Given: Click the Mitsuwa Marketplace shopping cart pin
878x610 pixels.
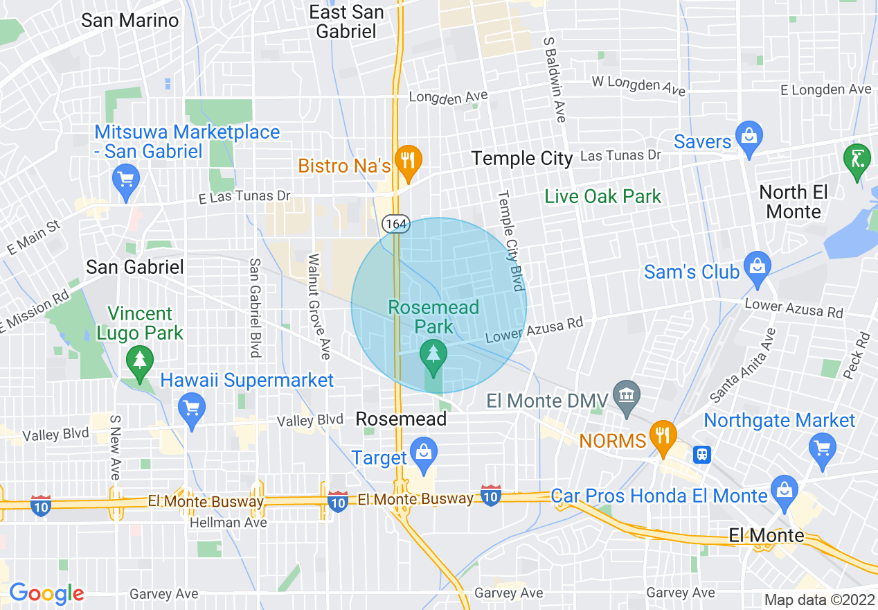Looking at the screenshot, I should tap(125, 180).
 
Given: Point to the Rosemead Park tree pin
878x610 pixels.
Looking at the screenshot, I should tap(433, 354).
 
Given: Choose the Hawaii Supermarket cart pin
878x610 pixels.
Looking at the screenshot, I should tap(192, 408).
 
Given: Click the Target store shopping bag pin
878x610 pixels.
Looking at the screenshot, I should tap(422, 452).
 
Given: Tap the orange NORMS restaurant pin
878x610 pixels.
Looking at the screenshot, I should tap(663, 435).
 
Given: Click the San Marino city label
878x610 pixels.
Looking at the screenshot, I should tap(130, 20).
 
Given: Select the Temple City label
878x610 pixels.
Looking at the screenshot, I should tap(522, 159).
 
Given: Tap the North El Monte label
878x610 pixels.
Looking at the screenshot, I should tap(794, 201).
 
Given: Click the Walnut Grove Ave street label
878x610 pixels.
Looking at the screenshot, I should tap(319, 306).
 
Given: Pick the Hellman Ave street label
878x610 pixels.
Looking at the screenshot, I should tap(229, 522).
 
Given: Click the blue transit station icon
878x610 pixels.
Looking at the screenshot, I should tap(702, 455).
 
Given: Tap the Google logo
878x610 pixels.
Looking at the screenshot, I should tap(46, 593).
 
